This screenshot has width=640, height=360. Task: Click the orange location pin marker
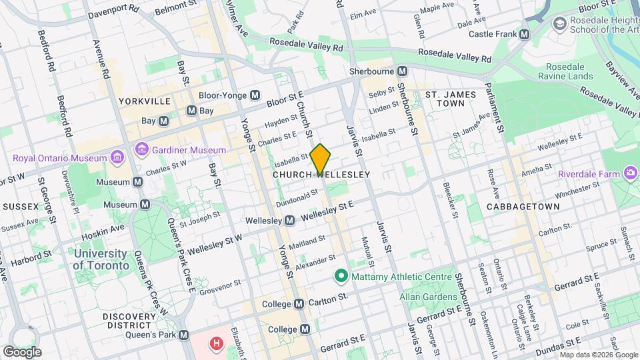[320, 159]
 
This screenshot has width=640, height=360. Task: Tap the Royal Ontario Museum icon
[117, 158]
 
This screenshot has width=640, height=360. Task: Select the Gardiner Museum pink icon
[141, 149]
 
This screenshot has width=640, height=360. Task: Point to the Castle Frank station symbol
[524, 34]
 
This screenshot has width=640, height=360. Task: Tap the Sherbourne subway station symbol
[402, 71]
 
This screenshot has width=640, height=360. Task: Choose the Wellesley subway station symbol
[289, 220]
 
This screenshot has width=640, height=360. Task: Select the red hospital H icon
[216, 344]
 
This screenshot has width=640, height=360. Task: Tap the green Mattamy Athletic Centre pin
[341, 275]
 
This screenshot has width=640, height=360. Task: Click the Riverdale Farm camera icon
[630, 174]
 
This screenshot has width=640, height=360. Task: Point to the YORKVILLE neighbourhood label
[145, 101]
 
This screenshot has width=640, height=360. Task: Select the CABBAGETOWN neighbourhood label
[523, 207]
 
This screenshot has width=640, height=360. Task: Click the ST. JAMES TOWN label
[451, 99]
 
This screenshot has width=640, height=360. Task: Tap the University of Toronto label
[101, 259]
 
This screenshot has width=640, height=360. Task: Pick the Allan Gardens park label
[426, 296]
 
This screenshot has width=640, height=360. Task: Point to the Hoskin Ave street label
[103, 232]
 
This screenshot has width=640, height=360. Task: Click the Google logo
[21, 351]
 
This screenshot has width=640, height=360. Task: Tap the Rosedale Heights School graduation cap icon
[559, 24]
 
